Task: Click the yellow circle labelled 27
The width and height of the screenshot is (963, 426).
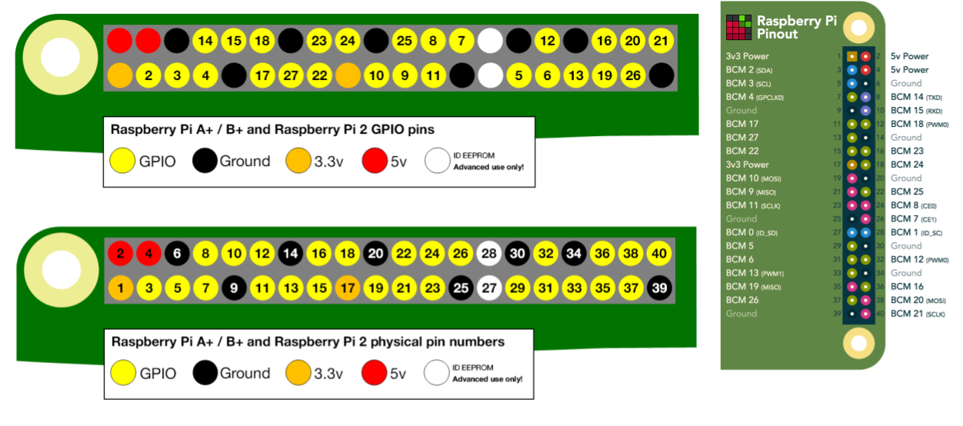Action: click(x=291, y=75)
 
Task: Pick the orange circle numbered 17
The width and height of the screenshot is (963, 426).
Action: click(x=348, y=288)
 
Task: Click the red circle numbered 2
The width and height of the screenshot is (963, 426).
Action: click(x=120, y=252)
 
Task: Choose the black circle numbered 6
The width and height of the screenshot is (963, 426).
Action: click(x=177, y=252)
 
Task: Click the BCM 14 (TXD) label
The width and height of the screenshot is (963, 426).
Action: click(x=916, y=97)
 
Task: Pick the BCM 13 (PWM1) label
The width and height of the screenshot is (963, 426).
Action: click(x=754, y=273)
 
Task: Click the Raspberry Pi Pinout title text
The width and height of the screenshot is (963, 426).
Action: click(x=796, y=27)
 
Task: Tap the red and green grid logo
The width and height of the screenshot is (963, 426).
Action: click(x=738, y=27)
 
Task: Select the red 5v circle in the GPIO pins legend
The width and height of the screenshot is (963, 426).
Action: click(x=375, y=161)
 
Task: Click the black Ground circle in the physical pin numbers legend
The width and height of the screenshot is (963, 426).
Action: click(x=205, y=373)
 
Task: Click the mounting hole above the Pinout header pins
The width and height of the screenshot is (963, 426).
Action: click(x=858, y=27)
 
